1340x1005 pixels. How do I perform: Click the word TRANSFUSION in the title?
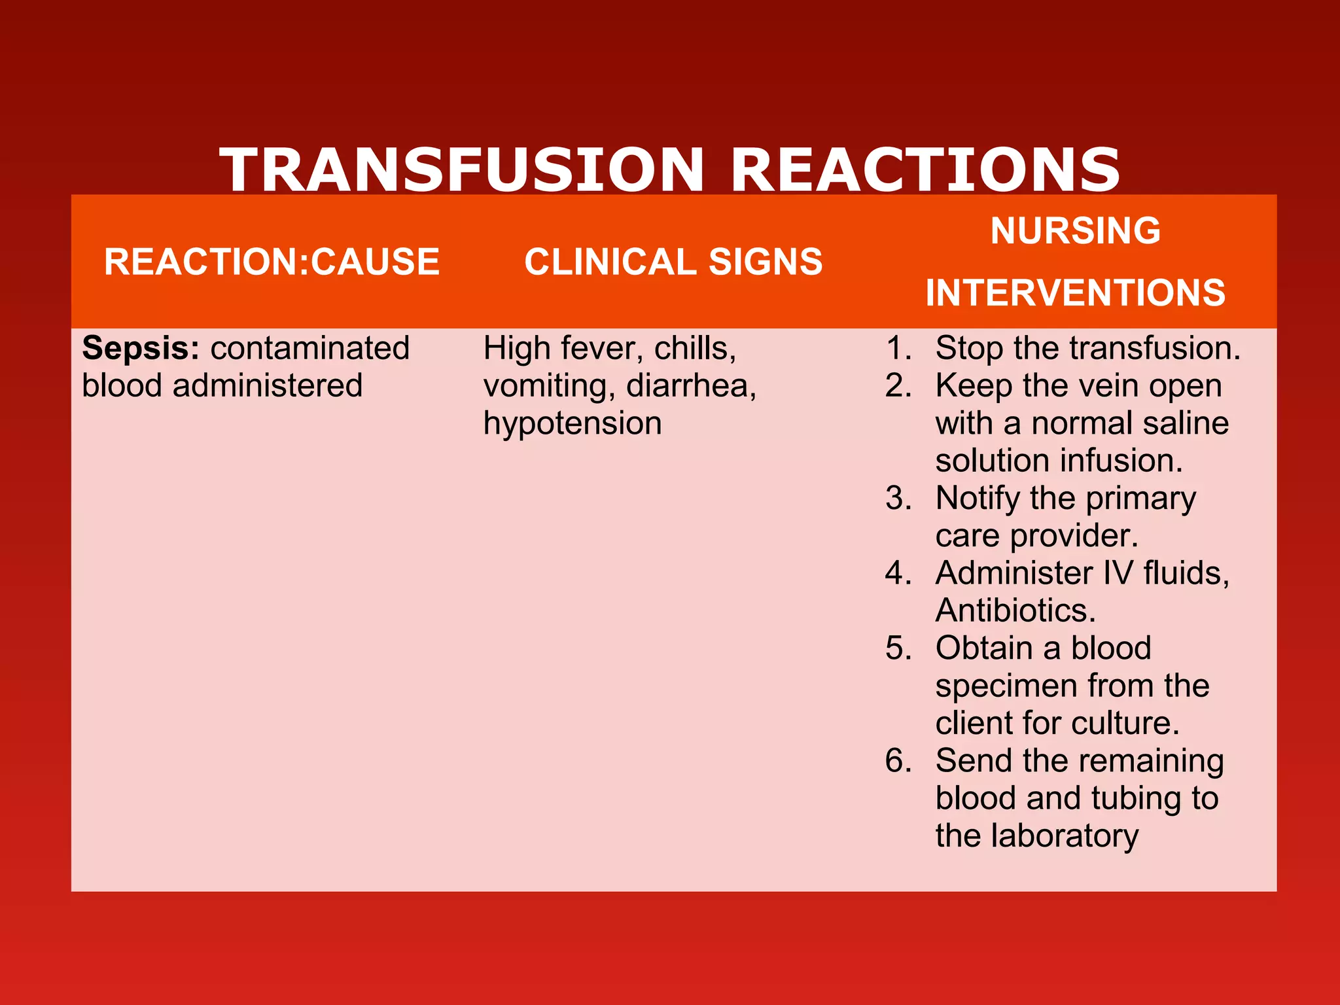click(x=462, y=169)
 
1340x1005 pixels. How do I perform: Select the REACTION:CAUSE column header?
click(x=272, y=262)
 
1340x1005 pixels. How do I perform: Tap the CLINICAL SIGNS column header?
click(x=673, y=262)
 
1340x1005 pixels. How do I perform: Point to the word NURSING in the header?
click(x=1075, y=231)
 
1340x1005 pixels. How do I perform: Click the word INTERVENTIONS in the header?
click(x=1075, y=292)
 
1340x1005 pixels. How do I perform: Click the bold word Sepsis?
click(x=140, y=348)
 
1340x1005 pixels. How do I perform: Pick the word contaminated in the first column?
click(x=310, y=348)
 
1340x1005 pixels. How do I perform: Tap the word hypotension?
click(x=573, y=423)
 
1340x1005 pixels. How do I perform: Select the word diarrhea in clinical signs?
click(x=690, y=386)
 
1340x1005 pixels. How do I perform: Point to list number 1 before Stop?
click(x=898, y=348)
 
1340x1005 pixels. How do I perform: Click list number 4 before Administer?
click(x=898, y=573)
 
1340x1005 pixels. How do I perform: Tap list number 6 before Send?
click(x=898, y=761)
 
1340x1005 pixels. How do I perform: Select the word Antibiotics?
click(x=1015, y=611)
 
